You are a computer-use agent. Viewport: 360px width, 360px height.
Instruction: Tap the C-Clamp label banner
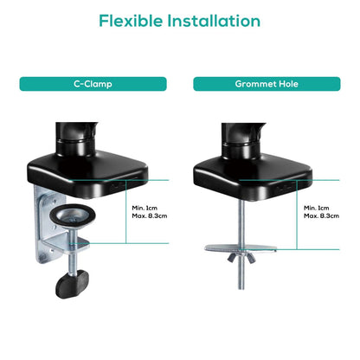click(93, 84)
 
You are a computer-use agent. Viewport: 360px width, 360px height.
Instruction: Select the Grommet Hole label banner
click(266, 84)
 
